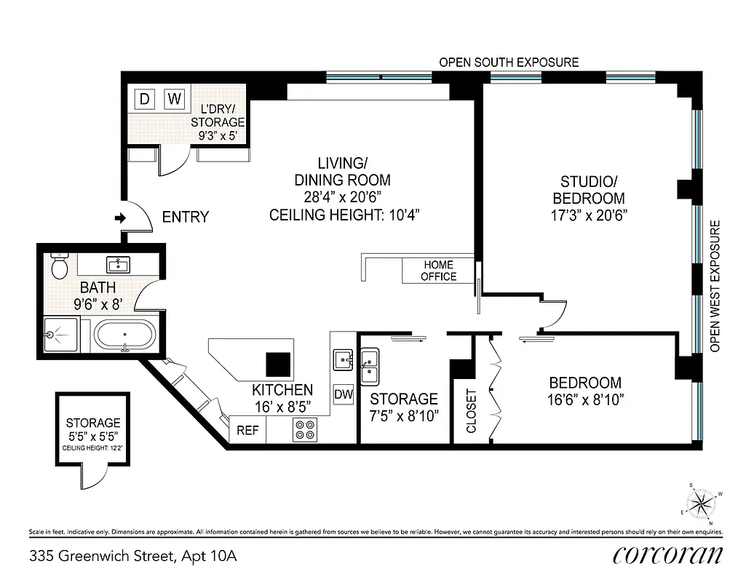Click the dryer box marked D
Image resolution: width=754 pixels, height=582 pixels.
pos(144,99)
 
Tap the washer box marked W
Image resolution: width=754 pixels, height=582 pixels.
pos(174,99)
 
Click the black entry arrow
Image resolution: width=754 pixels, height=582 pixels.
pos(120,218)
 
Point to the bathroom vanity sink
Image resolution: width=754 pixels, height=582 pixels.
pos(119,263)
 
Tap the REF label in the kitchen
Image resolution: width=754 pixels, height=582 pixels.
pos(247,430)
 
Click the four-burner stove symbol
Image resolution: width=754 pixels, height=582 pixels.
pos(305,429)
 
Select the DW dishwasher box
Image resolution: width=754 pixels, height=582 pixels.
pos(344,395)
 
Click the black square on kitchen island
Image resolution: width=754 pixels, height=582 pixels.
pos(277,362)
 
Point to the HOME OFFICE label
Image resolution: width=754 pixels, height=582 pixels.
pos(438,271)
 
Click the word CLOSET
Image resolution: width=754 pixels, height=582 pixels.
pos(471,411)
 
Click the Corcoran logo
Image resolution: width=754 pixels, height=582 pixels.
pos(668,555)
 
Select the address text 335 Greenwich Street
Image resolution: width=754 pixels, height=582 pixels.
pos(133,557)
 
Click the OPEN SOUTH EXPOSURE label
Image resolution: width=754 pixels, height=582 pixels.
pos(509,63)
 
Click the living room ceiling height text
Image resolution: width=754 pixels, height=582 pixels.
pos(344,215)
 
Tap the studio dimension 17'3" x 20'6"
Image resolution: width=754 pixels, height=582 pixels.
pos(589,215)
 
